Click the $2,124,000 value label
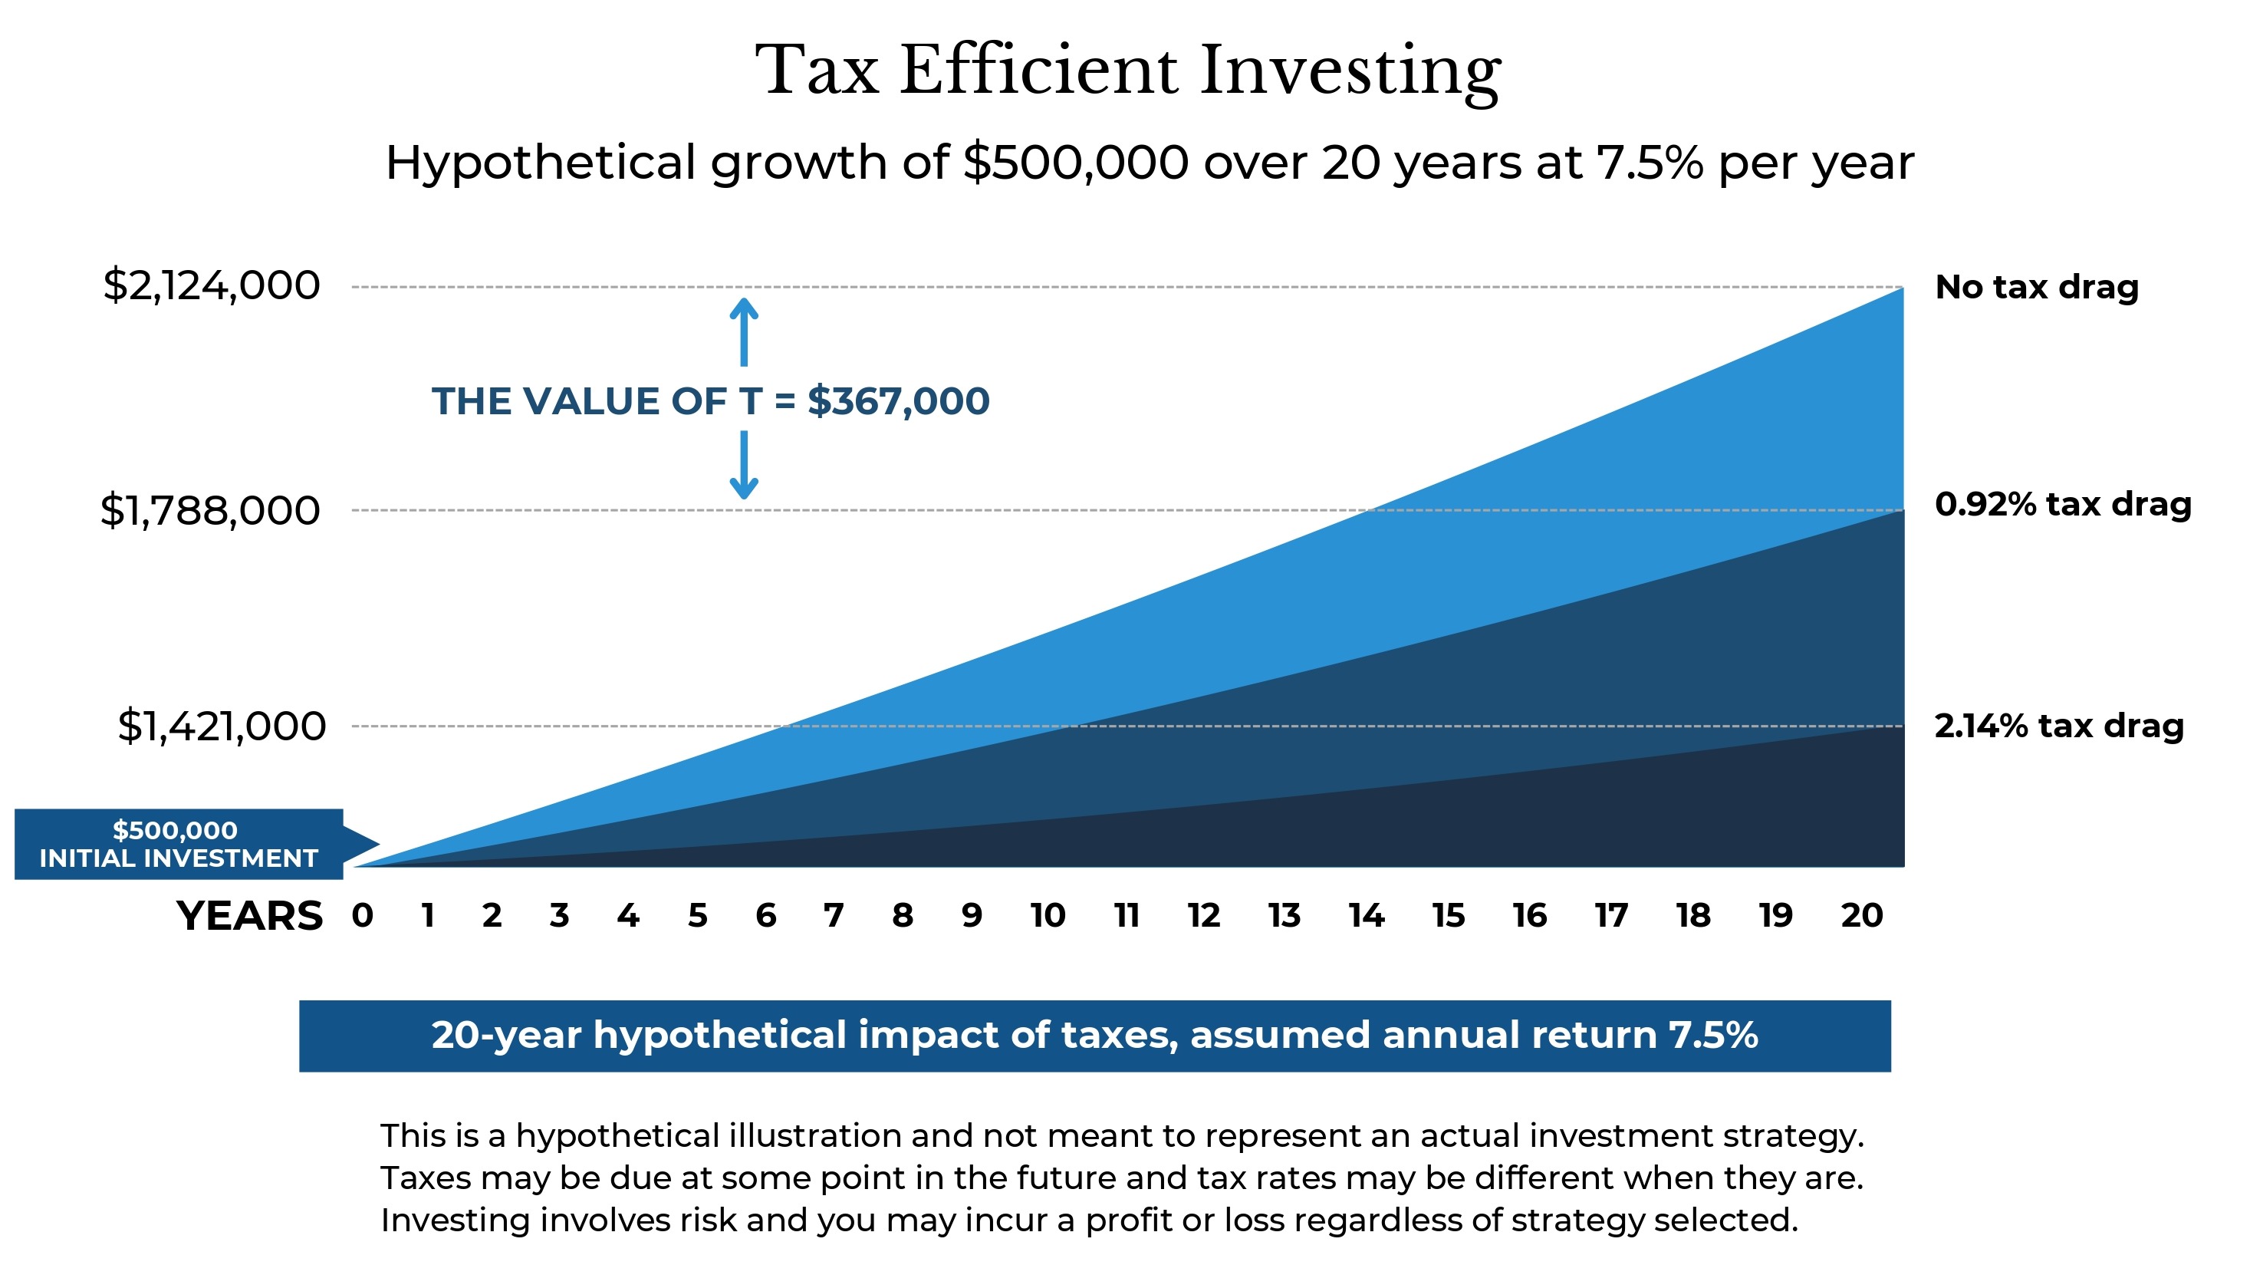click(212, 285)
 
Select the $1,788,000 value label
click(209, 510)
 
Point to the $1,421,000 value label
click(222, 726)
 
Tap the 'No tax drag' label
click(2036, 287)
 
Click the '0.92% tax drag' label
click(2062, 504)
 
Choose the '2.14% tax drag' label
click(2059, 726)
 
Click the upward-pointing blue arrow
click(743, 332)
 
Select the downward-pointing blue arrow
click(743, 465)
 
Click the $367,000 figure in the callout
click(898, 401)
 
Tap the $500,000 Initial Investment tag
click(179, 844)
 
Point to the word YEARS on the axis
click(250, 915)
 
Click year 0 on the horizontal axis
click(363, 915)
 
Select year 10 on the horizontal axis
click(1048, 915)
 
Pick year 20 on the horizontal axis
click(1861, 915)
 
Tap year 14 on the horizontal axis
click(1366, 915)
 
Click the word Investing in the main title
click(1350, 71)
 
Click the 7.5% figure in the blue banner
click(1713, 1035)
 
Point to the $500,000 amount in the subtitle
click(1075, 163)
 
